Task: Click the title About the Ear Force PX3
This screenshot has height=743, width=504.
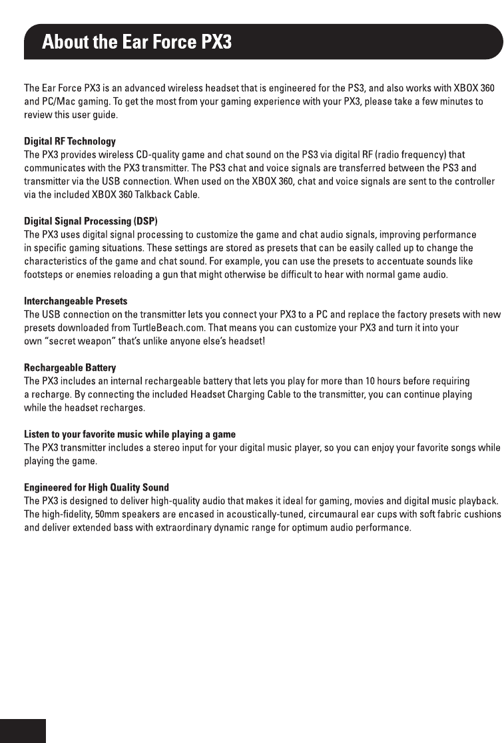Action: (136, 43)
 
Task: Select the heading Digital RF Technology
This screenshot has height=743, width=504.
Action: (70, 141)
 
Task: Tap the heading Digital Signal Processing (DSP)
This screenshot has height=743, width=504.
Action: (91, 221)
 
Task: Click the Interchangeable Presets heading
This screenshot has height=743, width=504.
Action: (75, 301)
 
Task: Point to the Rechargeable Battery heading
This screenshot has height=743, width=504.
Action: (70, 368)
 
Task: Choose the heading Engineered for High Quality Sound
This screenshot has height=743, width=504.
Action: (97, 487)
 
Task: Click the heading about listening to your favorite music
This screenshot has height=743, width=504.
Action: (130, 434)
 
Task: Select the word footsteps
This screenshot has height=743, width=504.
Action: (44, 274)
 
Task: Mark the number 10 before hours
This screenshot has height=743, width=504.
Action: (372, 381)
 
